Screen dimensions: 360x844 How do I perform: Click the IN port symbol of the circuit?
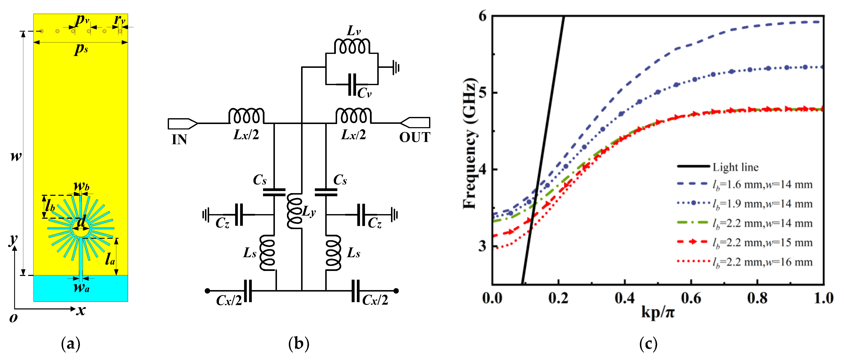[x=182, y=123]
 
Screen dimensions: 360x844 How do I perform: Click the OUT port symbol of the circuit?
[x=416, y=123]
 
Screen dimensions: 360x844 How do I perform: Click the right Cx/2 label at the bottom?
[x=375, y=300]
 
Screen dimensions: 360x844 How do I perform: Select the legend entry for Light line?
[x=735, y=167]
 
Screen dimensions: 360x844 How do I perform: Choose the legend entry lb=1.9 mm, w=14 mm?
[x=762, y=204]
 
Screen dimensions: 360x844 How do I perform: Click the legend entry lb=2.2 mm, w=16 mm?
[x=762, y=262]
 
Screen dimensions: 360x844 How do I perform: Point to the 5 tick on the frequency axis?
[x=482, y=93]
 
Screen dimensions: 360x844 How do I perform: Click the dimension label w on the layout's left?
[x=16, y=156]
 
